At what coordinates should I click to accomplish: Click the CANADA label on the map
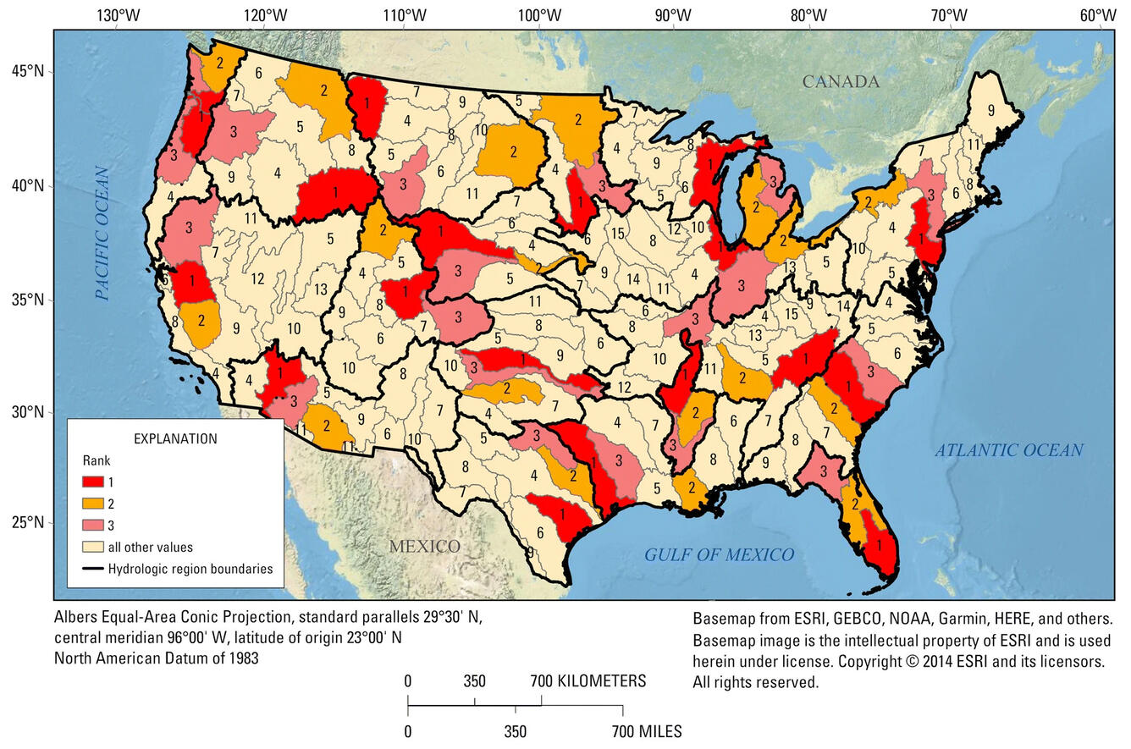[841, 82]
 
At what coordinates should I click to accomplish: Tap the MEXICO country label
[424, 546]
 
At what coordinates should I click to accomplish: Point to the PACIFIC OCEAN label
[102, 233]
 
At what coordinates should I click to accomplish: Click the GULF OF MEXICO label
[720, 555]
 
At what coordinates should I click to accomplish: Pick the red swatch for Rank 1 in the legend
[93, 482]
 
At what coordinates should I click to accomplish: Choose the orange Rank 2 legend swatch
[93, 504]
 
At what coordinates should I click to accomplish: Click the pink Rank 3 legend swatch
[93, 526]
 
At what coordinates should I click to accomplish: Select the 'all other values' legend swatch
[93, 547]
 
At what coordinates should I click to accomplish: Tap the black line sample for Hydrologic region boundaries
[93, 568]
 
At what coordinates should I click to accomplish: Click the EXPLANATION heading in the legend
[175, 438]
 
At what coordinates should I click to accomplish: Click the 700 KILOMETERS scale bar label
[588, 681]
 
